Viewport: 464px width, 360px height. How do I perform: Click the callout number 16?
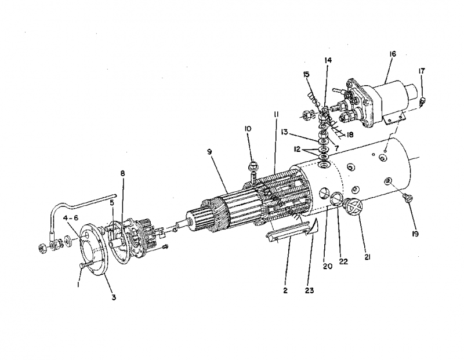(393, 54)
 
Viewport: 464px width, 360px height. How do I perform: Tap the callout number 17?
(422, 71)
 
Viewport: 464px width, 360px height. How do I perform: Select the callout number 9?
(210, 152)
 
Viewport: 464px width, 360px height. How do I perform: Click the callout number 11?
(275, 116)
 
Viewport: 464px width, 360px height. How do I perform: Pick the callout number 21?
(367, 256)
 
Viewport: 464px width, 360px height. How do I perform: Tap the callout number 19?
(415, 234)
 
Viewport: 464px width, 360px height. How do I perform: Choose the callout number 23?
(309, 289)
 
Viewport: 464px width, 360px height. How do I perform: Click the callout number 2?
(286, 289)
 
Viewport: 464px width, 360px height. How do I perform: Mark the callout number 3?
(114, 297)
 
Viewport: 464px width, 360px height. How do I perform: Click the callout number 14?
(328, 60)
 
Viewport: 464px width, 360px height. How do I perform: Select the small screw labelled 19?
(408, 199)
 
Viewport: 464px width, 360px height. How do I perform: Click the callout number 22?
(343, 261)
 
